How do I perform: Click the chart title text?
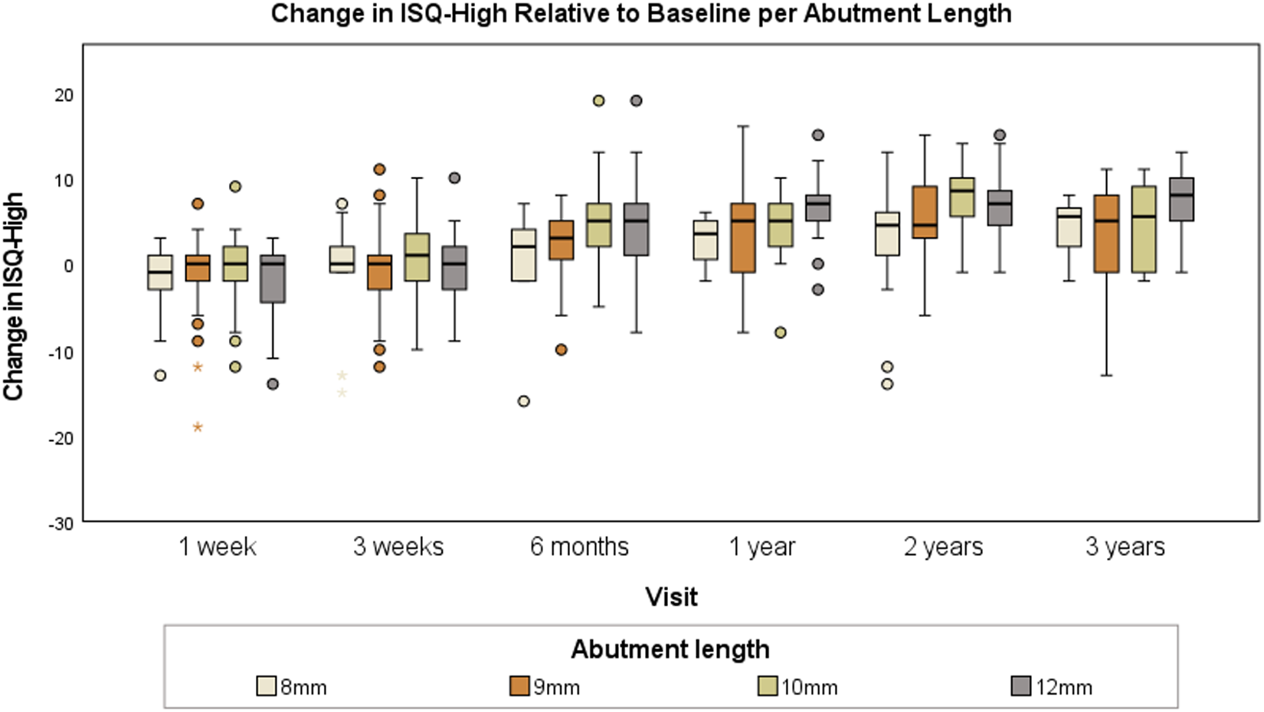pyautogui.click(x=641, y=15)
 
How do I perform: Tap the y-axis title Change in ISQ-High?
pyautogui.click(x=14, y=296)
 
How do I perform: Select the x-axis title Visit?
pyautogui.click(x=672, y=597)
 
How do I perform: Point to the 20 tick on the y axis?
pyautogui.click(x=64, y=95)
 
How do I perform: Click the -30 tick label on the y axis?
pyautogui.click(x=61, y=524)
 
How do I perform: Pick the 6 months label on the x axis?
pyautogui.click(x=579, y=547)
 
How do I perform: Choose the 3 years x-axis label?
pyautogui.click(x=1125, y=547)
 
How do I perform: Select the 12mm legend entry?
pyautogui.click(x=1052, y=687)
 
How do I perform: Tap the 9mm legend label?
pyautogui.click(x=556, y=688)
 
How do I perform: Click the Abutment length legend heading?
pyautogui.click(x=670, y=649)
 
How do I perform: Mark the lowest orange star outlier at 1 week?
pyautogui.click(x=198, y=427)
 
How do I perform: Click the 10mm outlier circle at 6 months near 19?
pyautogui.click(x=599, y=101)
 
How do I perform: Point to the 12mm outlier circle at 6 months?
pyautogui.click(x=636, y=101)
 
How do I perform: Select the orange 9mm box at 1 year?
pyautogui.click(x=743, y=238)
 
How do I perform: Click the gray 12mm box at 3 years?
pyautogui.click(x=1181, y=199)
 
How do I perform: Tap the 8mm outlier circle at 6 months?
pyautogui.click(x=524, y=401)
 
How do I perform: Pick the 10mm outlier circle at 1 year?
pyautogui.click(x=781, y=332)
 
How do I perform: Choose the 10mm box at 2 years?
pyautogui.click(x=962, y=197)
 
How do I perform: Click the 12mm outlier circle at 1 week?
pyautogui.click(x=273, y=384)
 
